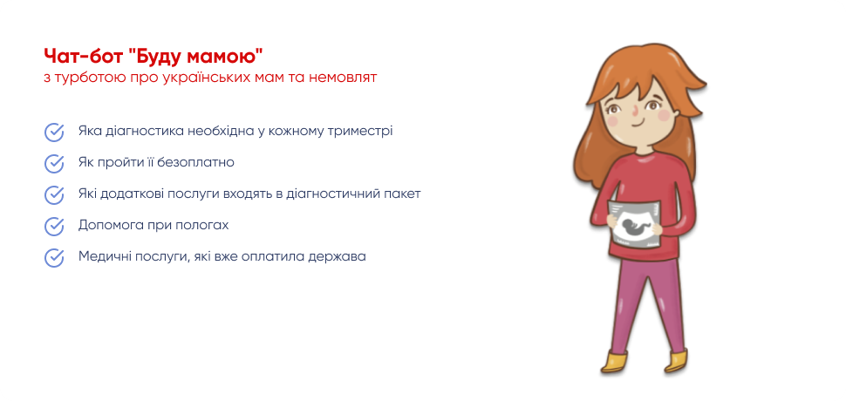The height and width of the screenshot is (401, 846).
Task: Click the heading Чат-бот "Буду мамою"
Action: [x=154, y=57]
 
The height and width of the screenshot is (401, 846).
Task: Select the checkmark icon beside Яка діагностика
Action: [x=54, y=132]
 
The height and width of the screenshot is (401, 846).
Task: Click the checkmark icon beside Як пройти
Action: [x=54, y=163]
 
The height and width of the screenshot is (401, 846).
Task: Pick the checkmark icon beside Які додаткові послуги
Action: [x=54, y=194]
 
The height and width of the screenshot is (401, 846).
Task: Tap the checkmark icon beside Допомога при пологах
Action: [x=54, y=226]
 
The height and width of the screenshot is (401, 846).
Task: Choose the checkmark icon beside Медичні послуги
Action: [x=54, y=257]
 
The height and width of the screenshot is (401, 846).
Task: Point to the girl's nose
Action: [x=635, y=112]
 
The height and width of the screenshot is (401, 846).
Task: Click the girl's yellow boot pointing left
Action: [x=615, y=362]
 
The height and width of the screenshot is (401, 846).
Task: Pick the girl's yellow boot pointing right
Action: [x=679, y=361]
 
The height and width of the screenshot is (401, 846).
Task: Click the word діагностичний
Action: [x=331, y=194]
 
